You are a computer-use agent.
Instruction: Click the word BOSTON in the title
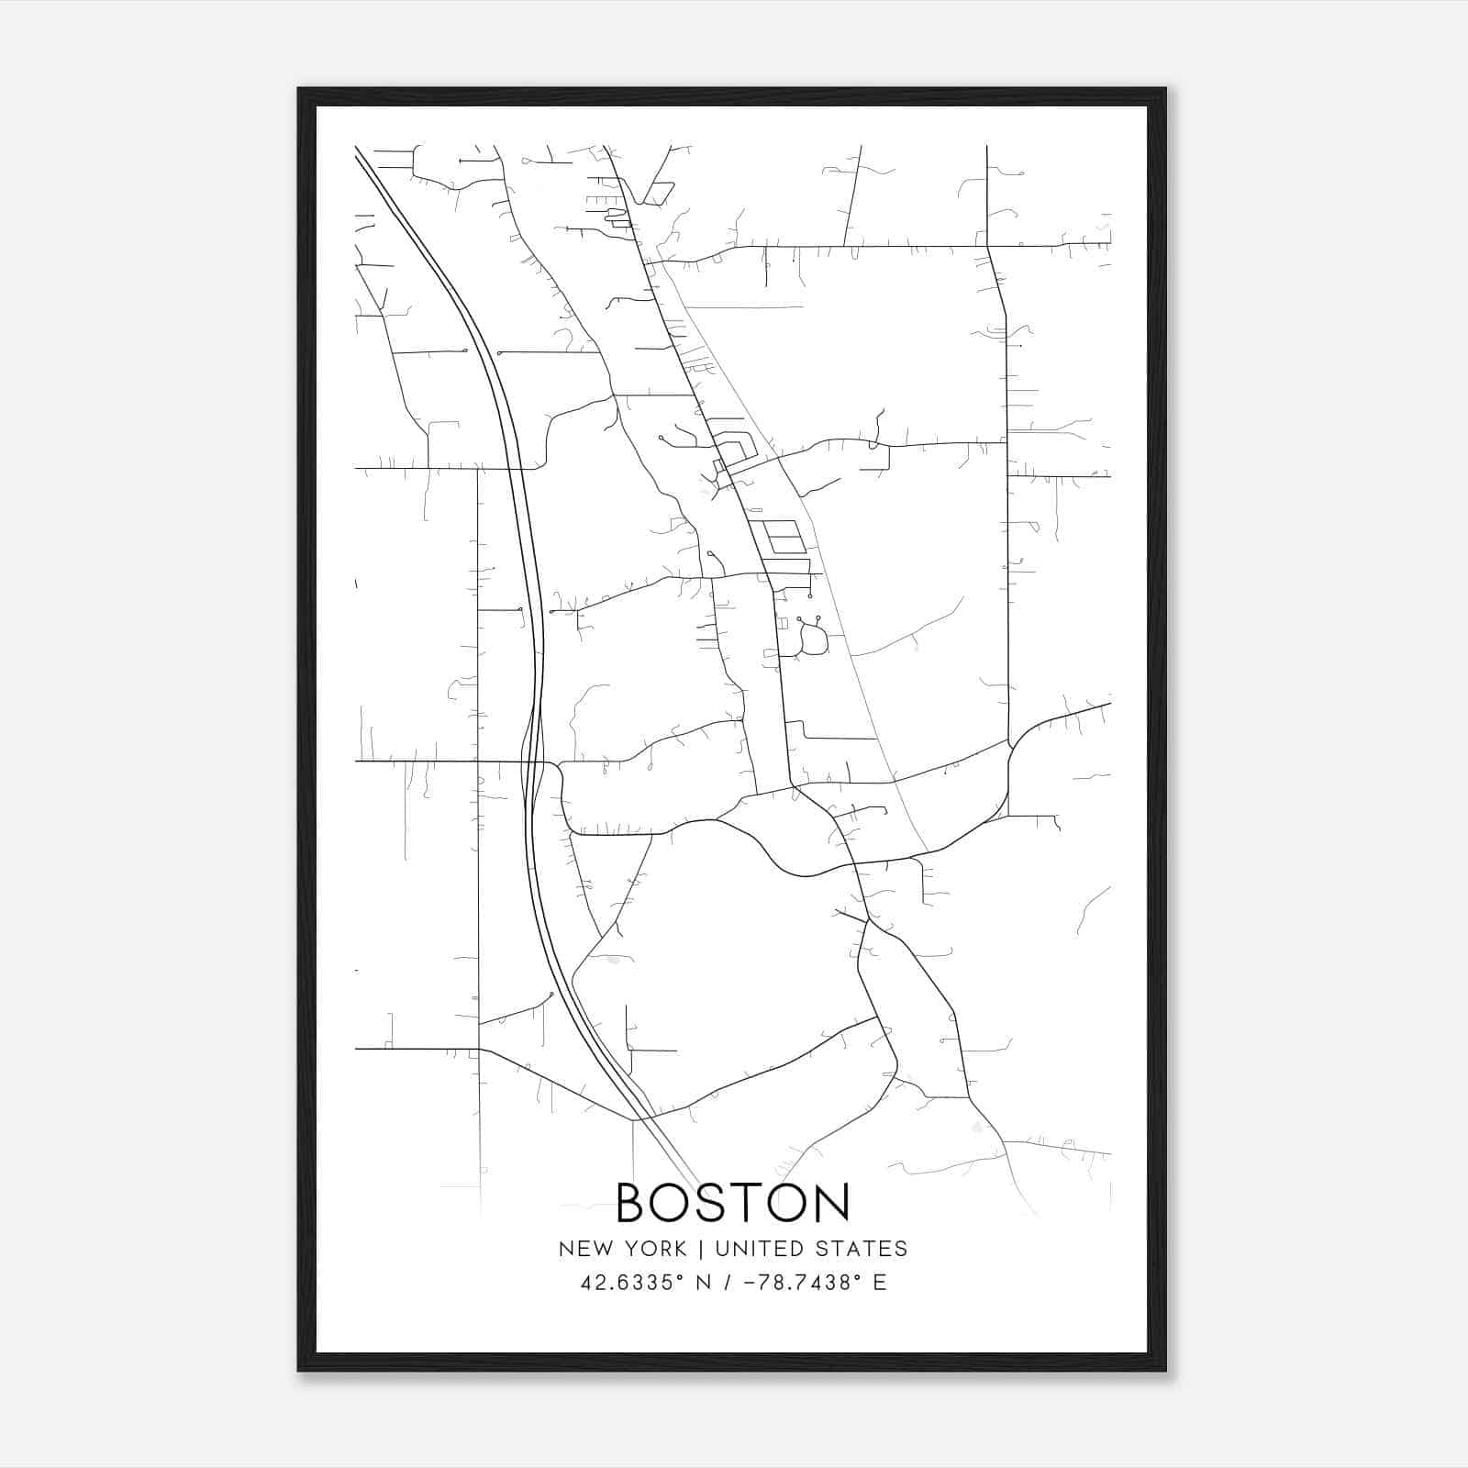(x=733, y=1203)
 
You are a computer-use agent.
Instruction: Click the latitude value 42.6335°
(x=632, y=1283)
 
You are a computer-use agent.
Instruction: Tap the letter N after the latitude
(x=705, y=1283)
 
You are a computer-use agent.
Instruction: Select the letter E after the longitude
(x=880, y=1283)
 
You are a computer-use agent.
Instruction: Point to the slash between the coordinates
(x=727, y=1283)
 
